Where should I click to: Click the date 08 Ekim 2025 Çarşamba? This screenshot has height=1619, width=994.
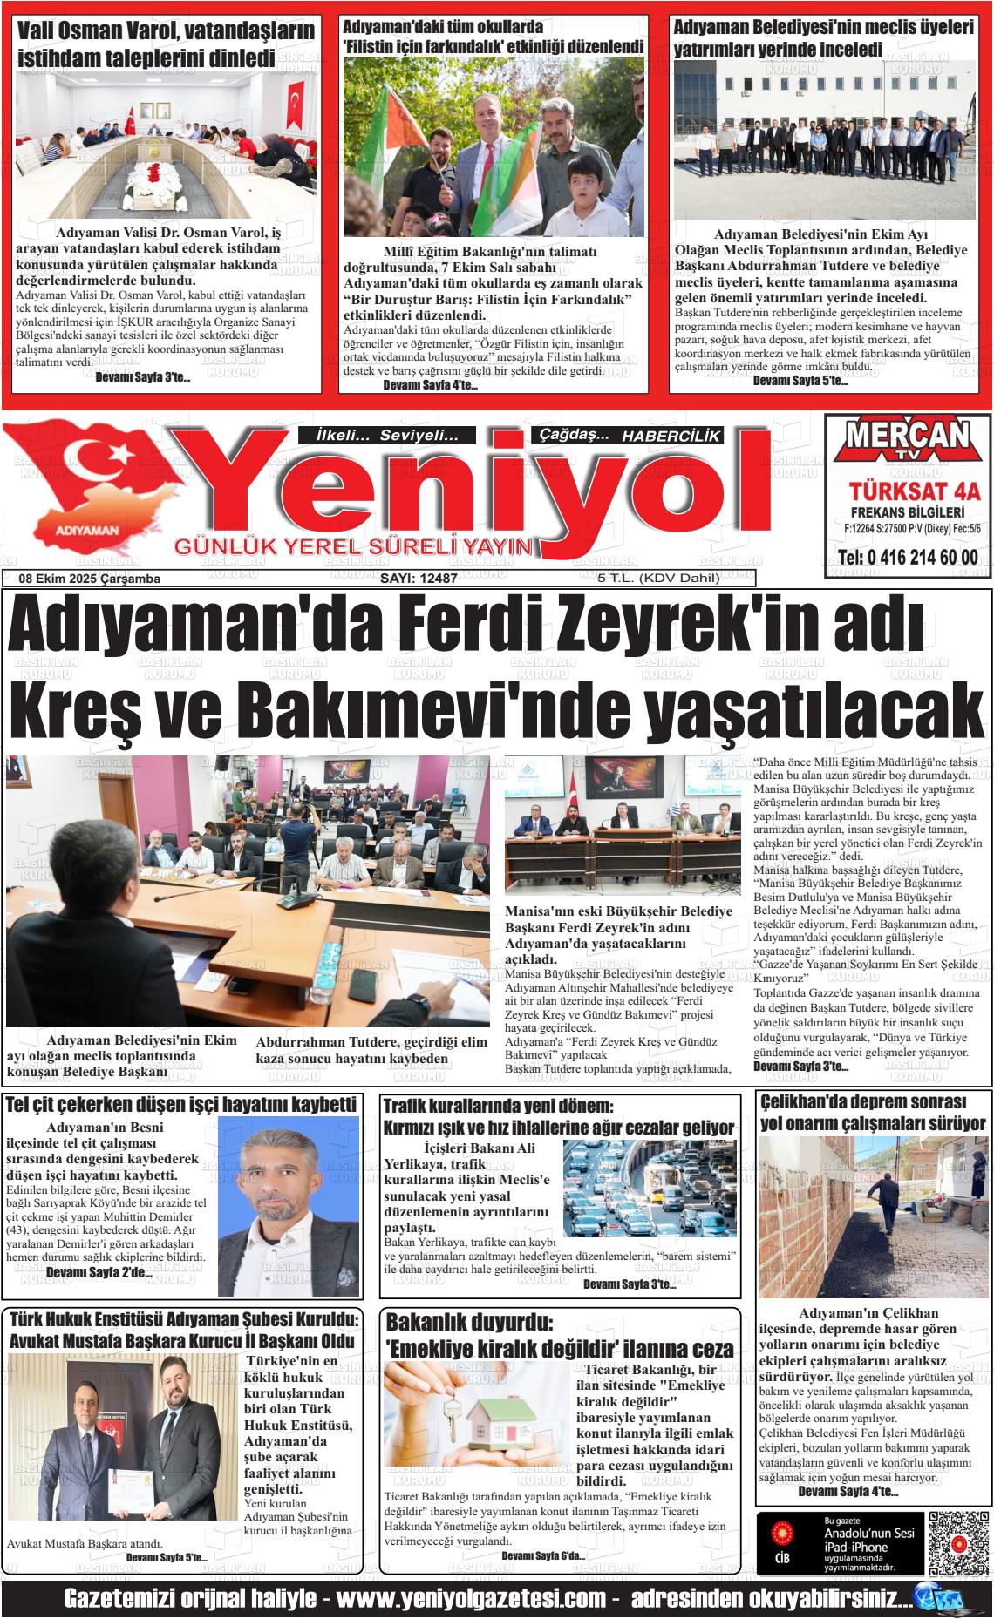89,579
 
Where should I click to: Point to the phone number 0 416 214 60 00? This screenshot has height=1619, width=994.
907,558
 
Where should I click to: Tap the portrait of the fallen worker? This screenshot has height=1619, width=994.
288,1206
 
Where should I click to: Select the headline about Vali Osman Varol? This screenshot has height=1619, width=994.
166,44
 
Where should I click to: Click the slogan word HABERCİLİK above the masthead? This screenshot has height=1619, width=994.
671,437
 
